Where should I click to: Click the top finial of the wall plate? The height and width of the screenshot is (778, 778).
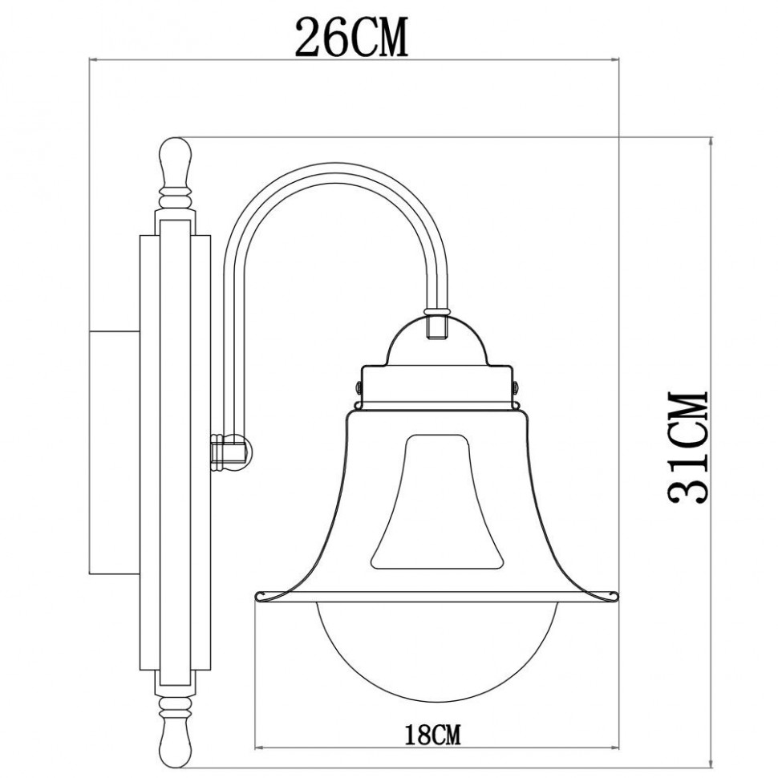(x=176, y=161)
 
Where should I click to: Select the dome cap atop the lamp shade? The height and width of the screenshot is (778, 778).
(x=437, y=341)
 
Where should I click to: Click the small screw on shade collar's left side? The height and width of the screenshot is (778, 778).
(x=359, y=387)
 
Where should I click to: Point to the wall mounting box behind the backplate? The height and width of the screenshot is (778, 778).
(x=112, y=449)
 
